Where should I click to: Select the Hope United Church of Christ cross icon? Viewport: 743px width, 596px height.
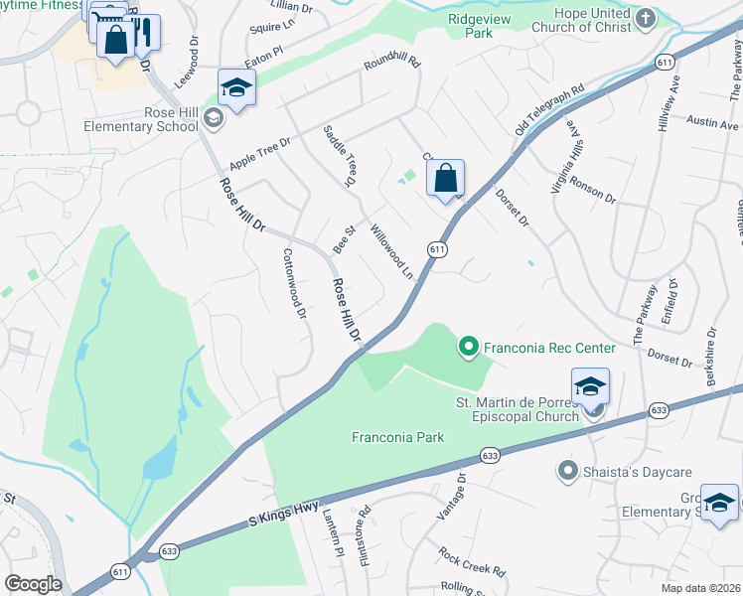click(646, 17)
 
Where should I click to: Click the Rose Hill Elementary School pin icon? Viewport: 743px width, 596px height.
click(213, 119)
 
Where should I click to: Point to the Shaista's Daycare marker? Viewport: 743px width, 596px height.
click(568, 470)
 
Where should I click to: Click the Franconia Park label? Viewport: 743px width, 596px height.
click(397, 437)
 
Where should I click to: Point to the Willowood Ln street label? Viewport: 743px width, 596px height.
click(391, 251)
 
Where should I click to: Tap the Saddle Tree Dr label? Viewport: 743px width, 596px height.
click(339, 156)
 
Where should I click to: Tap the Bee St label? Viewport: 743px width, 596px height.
click(344, 241)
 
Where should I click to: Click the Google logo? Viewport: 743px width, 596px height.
click(33, 584)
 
